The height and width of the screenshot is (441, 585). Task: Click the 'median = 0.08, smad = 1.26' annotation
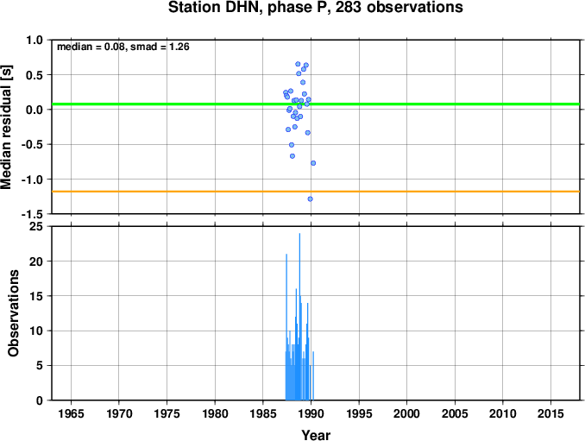pyautogui.click(x=123, y=47)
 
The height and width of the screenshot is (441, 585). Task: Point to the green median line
pyautogui.click(x=316, y=104)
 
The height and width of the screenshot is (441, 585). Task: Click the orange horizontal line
pyautogui.click(x=316, y=192)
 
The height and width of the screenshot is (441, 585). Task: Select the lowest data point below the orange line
pyautogui.click(x=310, y=199)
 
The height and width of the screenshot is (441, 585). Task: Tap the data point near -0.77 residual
pyautogui.click(x=313, y=163)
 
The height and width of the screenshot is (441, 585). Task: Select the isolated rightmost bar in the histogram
pyautogui.click(x=313, y=375)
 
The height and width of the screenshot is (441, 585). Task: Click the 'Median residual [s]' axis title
pyautogui.click(x=6, y=127)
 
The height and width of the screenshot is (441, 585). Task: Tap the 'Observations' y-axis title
pyautogui.click(x=14, y=313)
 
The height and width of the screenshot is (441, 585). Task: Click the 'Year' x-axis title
pyautogui.click(x=316, y=435)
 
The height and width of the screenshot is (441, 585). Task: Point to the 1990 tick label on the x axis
pyautogui.click(x=311, y=413)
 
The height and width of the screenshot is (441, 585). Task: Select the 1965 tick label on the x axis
pyautogui.click(x=71, y=413)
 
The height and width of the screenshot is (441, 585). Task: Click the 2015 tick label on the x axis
pyautogui.click(x=550, y=413)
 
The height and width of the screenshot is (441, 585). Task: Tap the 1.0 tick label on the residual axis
pyautogui.click(x=35, y=40)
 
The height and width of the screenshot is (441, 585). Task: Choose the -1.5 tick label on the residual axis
pyautogui.click(x=32, y=214)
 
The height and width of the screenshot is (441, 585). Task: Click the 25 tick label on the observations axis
pyautogui.click(x=36, y=227)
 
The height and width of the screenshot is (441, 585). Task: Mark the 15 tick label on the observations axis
pyautogui.click(x=36, y=296)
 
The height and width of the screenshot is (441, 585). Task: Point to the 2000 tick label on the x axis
pyautogui.click(x=406, y=413)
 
